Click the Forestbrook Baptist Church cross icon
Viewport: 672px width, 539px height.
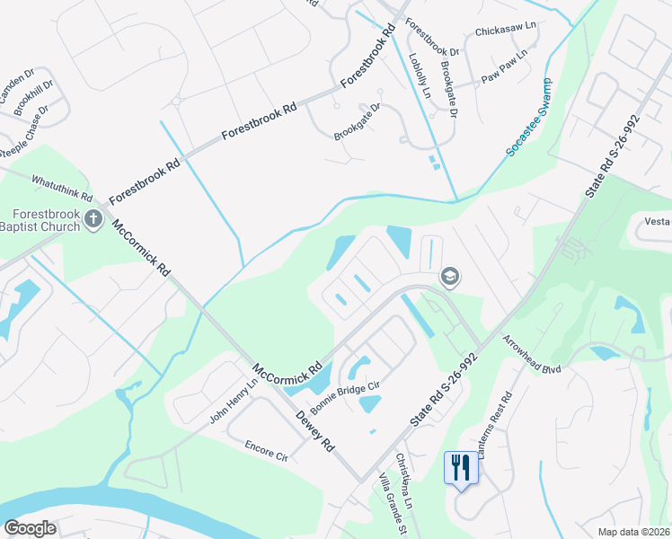coord(92,219)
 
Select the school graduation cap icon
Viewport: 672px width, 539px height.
coord(450,278)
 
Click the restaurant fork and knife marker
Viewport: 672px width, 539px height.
coord(461,467)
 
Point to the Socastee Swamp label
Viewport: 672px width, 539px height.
coord(527,118)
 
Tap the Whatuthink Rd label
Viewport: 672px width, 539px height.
coord(62,188)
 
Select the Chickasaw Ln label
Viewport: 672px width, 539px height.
coord(505,31)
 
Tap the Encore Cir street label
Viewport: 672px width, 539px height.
coord(265,450)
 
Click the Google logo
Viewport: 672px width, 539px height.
coord(30,528)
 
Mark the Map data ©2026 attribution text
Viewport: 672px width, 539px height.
coord(633,532)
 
